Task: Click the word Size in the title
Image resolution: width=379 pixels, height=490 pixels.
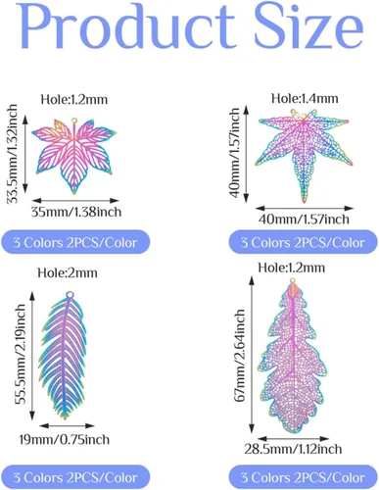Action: tap(309, 25)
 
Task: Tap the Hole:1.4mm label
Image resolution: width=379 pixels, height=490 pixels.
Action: tap(305, 98)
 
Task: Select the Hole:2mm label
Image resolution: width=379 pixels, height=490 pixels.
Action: tap(68, 272)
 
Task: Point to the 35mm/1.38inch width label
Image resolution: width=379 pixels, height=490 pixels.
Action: tap(76, 212)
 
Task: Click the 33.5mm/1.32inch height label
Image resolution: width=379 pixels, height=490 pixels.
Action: tap(13, 154)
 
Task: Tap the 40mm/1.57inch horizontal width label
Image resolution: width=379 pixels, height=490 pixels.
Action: tap(304, 220)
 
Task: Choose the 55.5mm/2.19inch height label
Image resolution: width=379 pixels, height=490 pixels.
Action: tap(20, 355)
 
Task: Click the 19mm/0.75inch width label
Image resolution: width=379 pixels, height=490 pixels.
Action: tap(65, 440)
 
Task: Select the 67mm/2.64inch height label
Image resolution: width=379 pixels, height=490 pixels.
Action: tap(240, 356)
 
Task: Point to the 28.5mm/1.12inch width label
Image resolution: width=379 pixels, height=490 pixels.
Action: tap(293, 449)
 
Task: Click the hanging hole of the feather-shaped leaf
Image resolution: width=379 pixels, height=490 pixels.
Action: tap(70, 295)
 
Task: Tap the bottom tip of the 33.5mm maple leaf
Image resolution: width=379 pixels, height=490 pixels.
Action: tap(74, 192)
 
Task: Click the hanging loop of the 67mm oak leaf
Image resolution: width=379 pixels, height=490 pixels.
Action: tap(293, 280)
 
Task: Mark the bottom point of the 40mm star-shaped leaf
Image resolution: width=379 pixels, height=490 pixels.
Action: tap(305, 201)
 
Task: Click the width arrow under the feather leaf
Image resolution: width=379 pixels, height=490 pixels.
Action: tap(67, 425)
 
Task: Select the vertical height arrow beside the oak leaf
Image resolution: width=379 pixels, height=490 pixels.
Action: tap(252, 355)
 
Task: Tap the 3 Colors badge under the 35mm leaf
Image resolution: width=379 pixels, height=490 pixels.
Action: tap(75, 242)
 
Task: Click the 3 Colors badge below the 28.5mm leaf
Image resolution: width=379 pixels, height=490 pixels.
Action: tap(303, 477)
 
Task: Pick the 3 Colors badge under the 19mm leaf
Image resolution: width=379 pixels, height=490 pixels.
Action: tap(75, 477)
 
